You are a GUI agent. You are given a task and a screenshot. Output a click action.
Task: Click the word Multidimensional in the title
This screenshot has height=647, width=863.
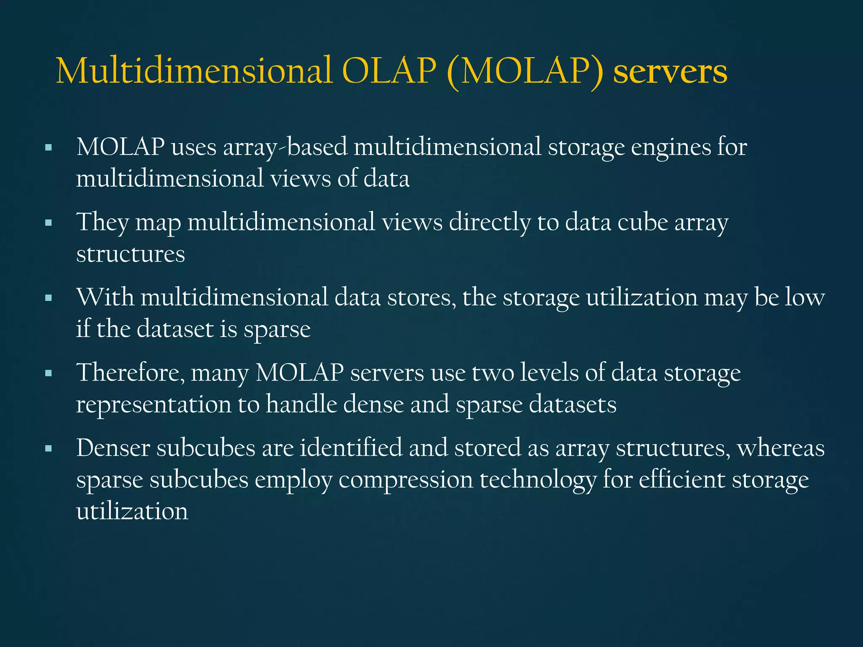(x=194, y=71)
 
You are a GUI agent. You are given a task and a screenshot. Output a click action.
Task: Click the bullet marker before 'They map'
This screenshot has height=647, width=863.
(x=48, y=223)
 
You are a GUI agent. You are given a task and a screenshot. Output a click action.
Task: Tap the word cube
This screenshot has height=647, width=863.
(x=643, y=222)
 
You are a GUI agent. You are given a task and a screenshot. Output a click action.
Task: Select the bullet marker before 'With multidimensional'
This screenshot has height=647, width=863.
(x=48, y=298)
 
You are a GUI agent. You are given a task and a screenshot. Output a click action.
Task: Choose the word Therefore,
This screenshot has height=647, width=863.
(x=130, y=373)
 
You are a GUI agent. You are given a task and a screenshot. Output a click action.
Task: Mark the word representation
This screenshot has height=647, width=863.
(x=153, y=405)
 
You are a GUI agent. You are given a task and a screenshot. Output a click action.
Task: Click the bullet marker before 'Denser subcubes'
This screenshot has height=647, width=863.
(x=48, y=449)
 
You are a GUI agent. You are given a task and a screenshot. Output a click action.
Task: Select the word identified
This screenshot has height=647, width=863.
(x=351, y=448)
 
